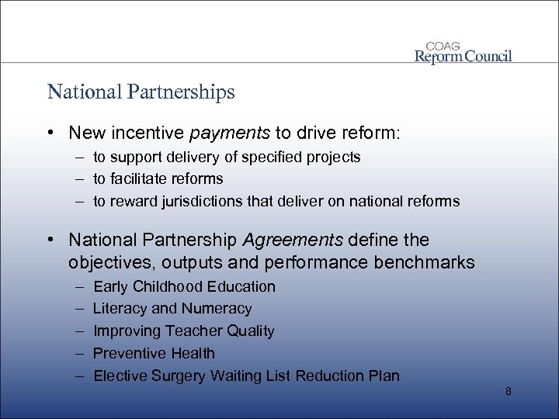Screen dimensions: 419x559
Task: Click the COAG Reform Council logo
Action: [463, 50]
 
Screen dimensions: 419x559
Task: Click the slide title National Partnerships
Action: [141, 92]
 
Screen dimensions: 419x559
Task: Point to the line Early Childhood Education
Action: [184, 286]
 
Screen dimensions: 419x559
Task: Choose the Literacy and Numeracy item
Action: [172, 309]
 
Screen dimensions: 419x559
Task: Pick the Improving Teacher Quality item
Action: [183, 331]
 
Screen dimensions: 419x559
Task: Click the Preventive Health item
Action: [154, 353]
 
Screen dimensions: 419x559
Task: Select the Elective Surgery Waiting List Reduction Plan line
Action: [246, 376]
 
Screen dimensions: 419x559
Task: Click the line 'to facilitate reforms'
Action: [158, 179]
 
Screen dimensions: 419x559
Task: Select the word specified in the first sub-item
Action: [267, 157]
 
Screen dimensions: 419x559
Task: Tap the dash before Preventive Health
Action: [79, 353]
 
